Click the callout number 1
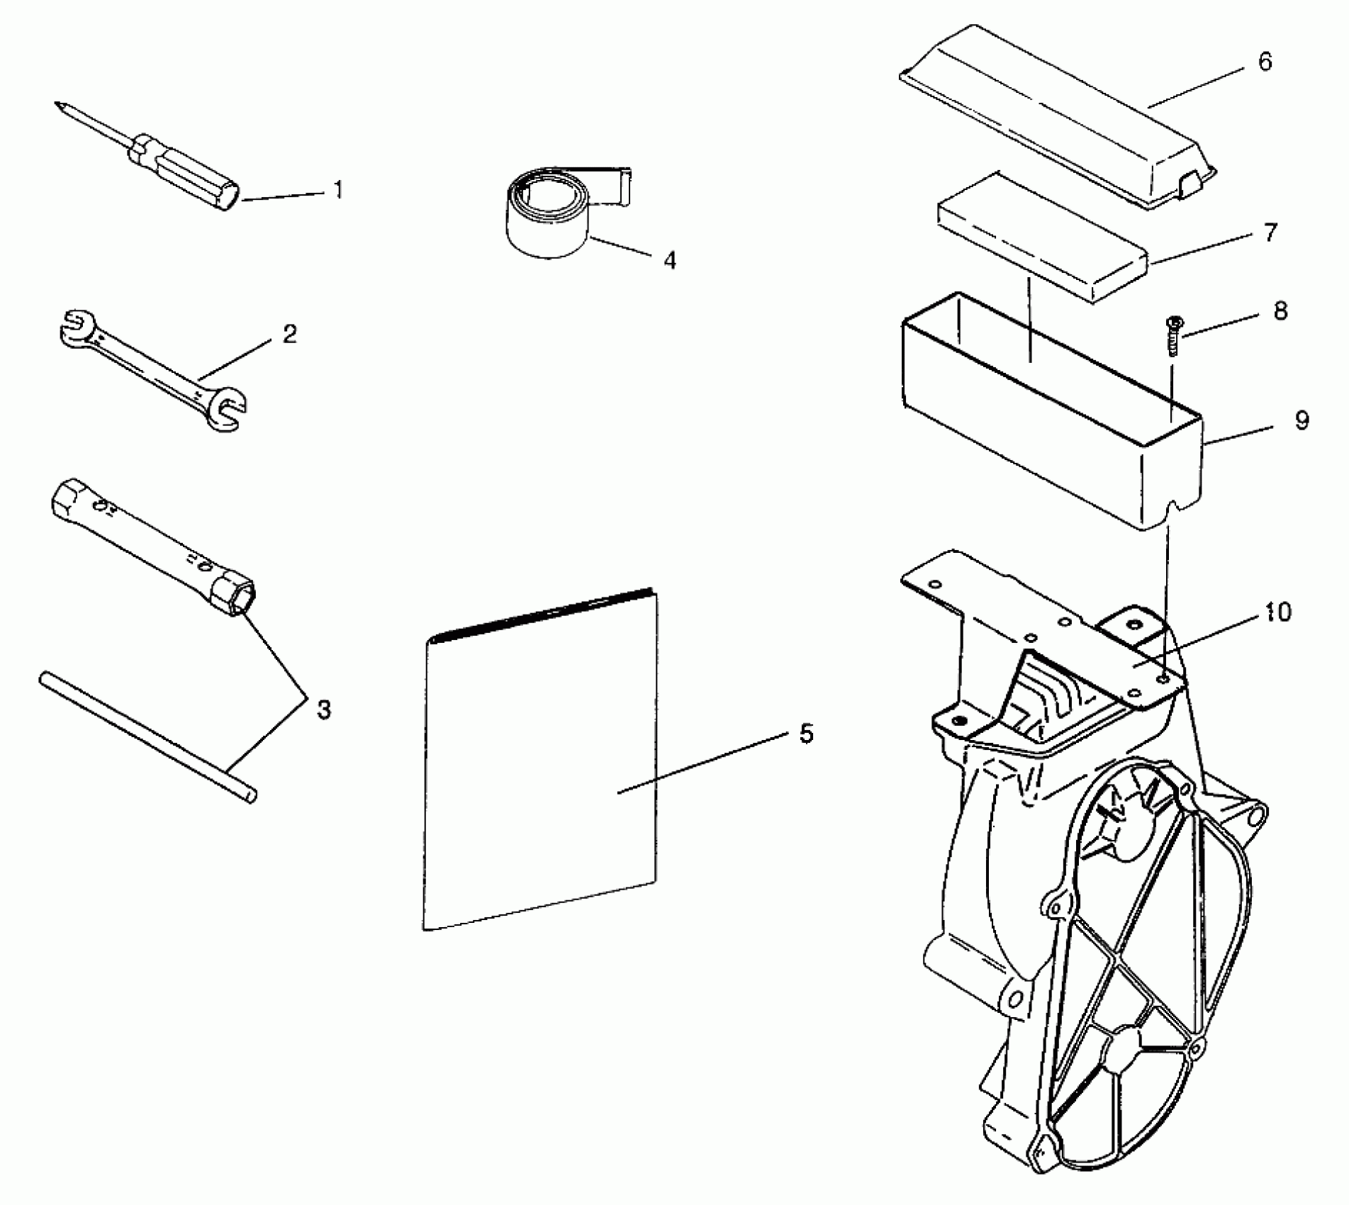pyautogui.click(x=339, y=190)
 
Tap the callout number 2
pyautogui.click(x=289, y=334)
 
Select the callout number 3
pyautogui.click(x=323, y=710)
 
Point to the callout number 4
pyautogui.click(x=669, y=261)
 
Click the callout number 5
pyautogui.click(x=806, y=734)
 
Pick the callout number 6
pyautogui.click(x=1265, y=62)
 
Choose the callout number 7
pyautogui.click(x=1270, y=232)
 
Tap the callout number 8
pyautogui.click(x=1280, y=311)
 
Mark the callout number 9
pyautogui.click(x=1302, y=420)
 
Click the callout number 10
pyautogui.click(x=1277, y=611)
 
